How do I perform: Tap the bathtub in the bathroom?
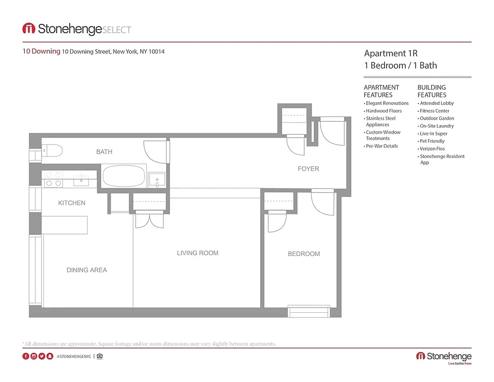124,176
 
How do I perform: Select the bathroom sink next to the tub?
157,180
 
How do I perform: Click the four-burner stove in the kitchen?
53,179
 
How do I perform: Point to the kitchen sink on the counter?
82,180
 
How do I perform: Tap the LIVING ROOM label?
198,253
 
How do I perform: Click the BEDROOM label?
304,254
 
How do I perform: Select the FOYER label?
308,169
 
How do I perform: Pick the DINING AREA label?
87,270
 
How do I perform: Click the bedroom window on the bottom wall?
309,311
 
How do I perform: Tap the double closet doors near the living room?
149,220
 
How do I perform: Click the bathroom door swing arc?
156,152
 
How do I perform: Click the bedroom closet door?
277,222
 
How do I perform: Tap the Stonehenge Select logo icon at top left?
29,29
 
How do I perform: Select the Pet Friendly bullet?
432,141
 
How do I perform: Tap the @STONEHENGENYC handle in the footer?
74,356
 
